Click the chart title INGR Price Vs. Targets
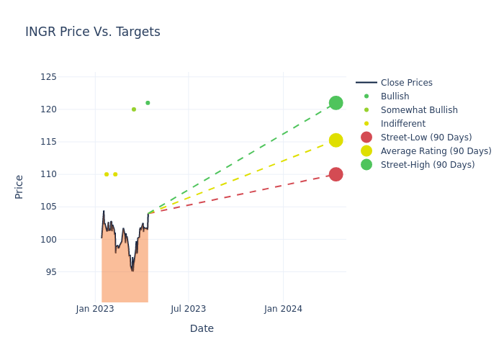click(93, 32)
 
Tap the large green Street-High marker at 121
click(336, 103)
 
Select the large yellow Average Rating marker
click(336, 140)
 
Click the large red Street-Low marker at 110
click(336, 174)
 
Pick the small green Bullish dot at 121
click(148, 103)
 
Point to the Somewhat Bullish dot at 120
click(134, 109)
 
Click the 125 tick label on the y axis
click(49, 77)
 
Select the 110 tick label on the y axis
click(49, 174)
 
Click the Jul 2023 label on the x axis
click(188, 309)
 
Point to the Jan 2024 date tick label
click(283, 309)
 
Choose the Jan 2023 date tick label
click(95, 309)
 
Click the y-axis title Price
click(19, 186)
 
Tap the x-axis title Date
click(202, 329)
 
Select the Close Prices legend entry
click(406, 83)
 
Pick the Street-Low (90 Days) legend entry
click(426, 138)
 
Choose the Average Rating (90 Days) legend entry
click(436, 151)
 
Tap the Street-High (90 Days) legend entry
click(427, 165)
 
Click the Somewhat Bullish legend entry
click(419, 110)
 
